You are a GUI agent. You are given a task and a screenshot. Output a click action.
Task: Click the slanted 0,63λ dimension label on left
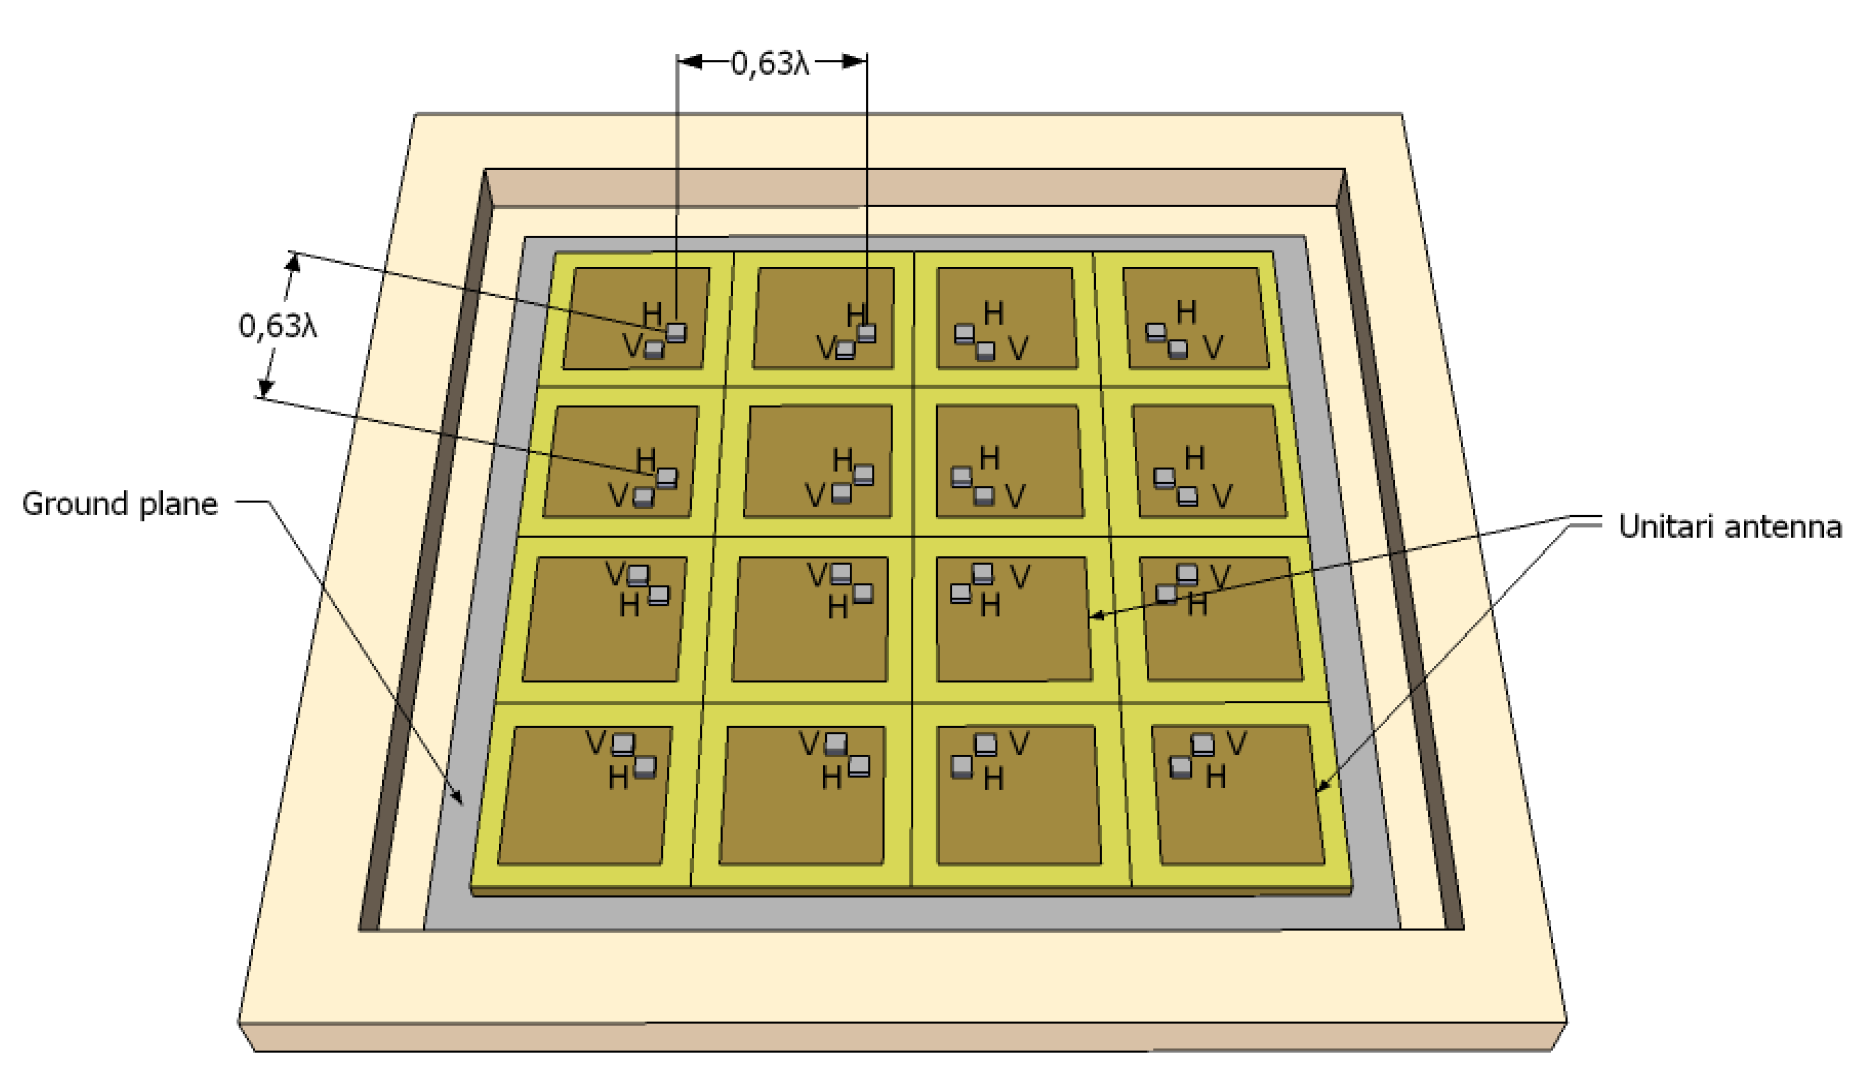[x=278, y=326]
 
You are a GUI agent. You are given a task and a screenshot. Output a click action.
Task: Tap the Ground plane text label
[x=120, y=503]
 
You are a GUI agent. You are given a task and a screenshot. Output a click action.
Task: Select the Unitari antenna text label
[x=1729, y=526]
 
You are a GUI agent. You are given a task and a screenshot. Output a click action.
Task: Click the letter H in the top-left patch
[x=651, y=314]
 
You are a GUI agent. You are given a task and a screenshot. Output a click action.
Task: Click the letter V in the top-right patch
[x=1213, y=348]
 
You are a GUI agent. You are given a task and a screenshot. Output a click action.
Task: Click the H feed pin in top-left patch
[x=676, y=333]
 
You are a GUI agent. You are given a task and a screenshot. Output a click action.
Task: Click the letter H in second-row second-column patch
[x=842, y=460]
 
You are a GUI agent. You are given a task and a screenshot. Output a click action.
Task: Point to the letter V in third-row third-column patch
[x=1019, y=577]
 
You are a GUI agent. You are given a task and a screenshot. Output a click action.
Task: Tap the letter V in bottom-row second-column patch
[x=808, y=744]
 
